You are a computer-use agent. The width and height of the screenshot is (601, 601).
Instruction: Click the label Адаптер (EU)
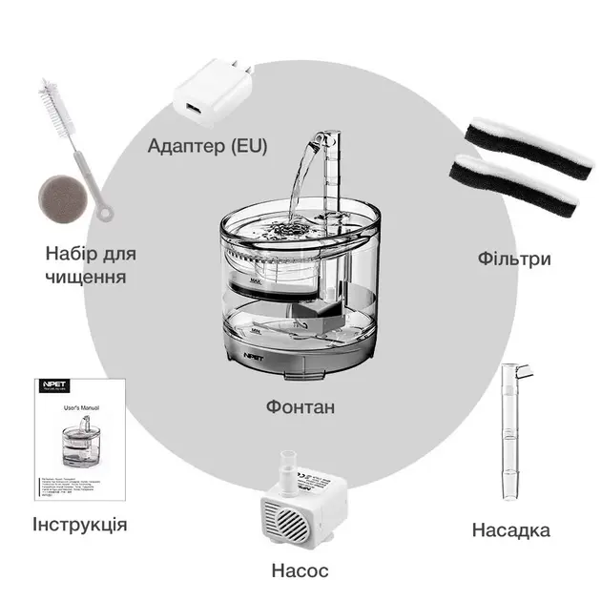[x=207, y=146]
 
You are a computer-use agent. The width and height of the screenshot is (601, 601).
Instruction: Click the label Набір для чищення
[x=91, y=265]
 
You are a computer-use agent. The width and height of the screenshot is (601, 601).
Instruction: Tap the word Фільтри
[x=515, y=259]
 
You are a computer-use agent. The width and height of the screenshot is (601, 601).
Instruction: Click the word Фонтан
[x=300, y=407]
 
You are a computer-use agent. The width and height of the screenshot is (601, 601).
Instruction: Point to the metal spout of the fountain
[x=327, y=143]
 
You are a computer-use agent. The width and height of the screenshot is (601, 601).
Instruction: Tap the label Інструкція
[x=79, y=525]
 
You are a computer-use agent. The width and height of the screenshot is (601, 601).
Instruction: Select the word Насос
[x=300, y=570]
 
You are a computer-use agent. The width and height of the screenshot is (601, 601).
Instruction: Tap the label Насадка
[x=511, y=529]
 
